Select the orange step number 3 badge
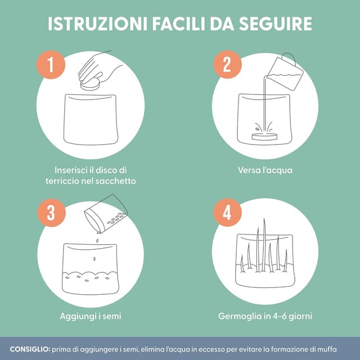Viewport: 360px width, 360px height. pyautogui.click(x=50, y=213)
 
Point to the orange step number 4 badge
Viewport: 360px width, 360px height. pyautogui.click(x=227, y=213)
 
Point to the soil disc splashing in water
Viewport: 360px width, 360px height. pyautogui.click(x=265, y=134)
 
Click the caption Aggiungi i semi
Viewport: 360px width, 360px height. pyautogui.click(x=90, y=316)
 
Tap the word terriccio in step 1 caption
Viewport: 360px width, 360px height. pyautogui.click(x=62, y=181)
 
